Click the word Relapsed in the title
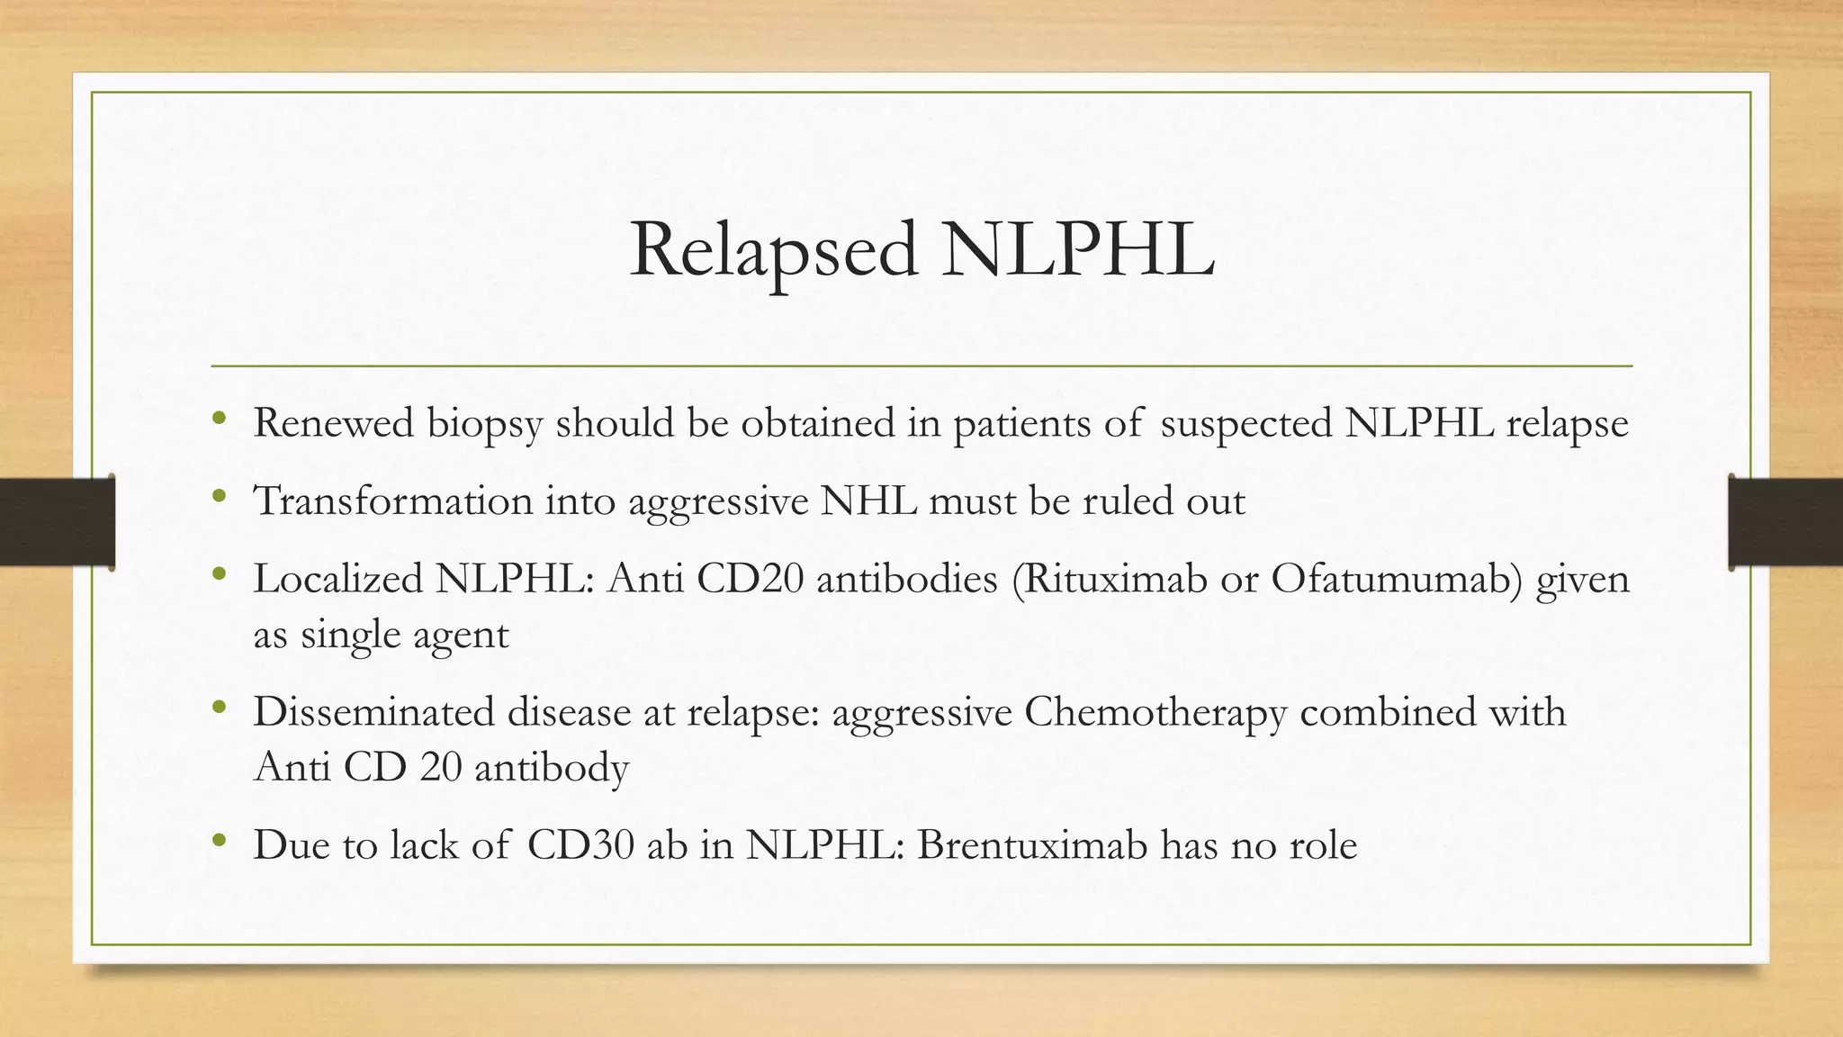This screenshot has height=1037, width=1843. point(773,250)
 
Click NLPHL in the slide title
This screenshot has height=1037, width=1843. point(1077,250)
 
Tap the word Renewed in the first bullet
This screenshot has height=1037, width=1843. point(333,423)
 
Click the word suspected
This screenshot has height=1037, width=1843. point(1246,424)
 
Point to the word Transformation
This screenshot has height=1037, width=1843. point(393,501)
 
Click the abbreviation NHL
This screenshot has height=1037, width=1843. point(868,501)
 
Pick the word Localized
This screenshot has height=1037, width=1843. point(337,579)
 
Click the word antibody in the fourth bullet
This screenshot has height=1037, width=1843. point(551,768)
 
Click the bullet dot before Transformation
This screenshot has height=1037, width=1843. point(219,496)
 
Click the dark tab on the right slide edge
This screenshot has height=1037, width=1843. point(1785,522)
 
